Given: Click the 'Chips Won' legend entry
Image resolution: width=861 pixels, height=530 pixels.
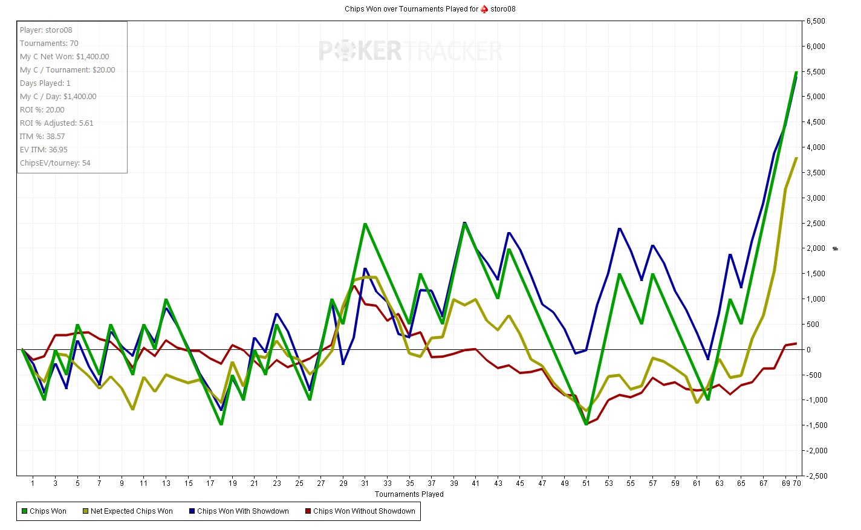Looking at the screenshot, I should [x=44, y=511].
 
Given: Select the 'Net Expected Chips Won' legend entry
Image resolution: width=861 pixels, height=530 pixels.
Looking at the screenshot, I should [x=128, y=511].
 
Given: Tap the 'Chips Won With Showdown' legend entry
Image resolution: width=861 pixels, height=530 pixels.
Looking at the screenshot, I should [x=239, y=511].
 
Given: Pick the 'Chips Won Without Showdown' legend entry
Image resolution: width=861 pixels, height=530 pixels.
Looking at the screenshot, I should [x=360, y=511].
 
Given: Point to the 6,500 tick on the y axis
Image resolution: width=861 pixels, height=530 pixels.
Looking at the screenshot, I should [x=816, y=21].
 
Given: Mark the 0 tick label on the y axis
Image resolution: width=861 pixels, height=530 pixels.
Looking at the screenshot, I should [x=808, y=350].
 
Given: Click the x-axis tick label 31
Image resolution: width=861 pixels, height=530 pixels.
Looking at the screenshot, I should [x=365, y=483].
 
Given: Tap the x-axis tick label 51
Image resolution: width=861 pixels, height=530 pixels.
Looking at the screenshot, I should [x=586, y=483].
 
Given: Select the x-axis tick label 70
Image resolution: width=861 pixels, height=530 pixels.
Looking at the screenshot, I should [x=797, y=483].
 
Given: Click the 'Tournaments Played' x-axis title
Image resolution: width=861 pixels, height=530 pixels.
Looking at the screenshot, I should [x=409, y=494].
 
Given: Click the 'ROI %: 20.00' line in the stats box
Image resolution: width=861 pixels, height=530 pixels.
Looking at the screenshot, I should [x=42, y=110].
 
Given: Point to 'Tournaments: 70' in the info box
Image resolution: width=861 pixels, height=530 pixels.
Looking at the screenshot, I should [x=49, y=44].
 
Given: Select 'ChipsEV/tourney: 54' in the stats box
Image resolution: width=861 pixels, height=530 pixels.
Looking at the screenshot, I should [x=55, y=163].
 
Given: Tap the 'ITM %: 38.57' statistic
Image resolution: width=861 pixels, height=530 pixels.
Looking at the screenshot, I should [x=42, y=137].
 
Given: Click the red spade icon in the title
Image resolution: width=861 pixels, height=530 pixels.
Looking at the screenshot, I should [x=484, y=9].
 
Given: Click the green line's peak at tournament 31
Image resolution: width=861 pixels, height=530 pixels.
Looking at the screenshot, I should [x=365, y=224].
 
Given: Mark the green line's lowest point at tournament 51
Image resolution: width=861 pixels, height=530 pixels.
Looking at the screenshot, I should [x=586, y=424].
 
